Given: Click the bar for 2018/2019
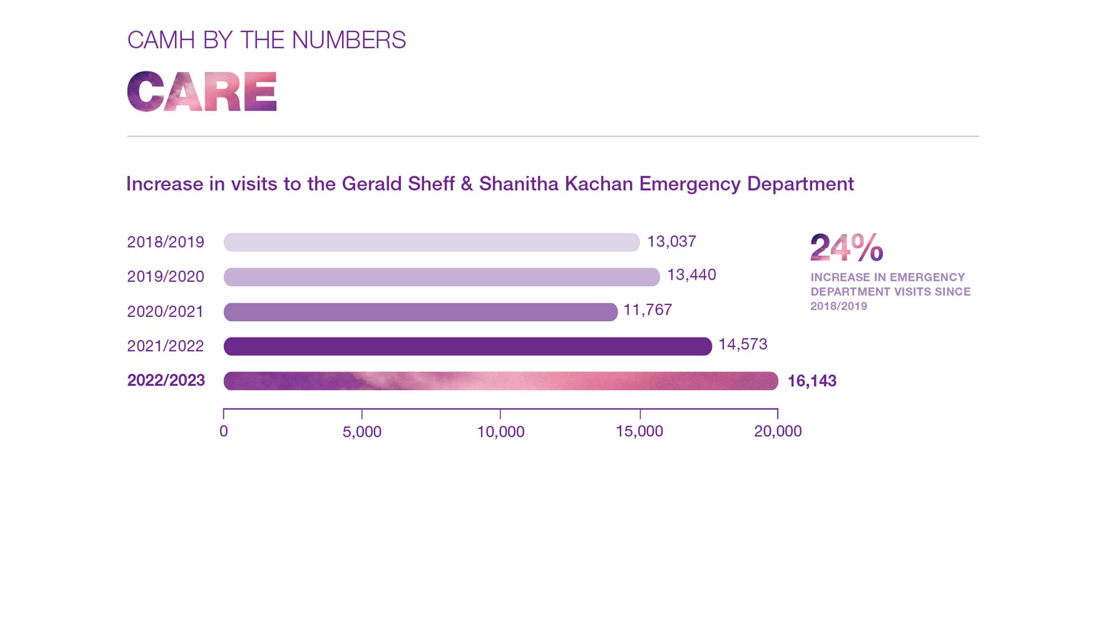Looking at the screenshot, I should (432, 242).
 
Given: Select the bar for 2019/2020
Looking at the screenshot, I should (441, 277).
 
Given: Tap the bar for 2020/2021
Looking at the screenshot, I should (420, 312).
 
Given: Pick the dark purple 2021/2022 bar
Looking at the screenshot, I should (467, 346).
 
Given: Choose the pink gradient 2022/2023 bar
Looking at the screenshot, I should (501, 381).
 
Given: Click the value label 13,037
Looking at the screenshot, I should (671, 242).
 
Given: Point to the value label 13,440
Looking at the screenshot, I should (691, 275).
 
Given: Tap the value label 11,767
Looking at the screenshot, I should (647, 309).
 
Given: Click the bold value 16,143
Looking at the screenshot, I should (812, 381).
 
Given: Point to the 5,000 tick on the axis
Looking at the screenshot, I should (362, 431).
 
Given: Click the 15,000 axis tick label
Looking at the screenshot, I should (639, 431).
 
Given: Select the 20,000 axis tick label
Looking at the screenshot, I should (777, 431).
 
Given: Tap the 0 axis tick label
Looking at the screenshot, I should (224, 431).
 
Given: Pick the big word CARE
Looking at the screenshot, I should (201, 92).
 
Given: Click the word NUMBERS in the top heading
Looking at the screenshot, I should (348, 40).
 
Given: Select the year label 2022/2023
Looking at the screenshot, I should (166, 380).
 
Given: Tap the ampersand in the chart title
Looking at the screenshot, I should (466, 184).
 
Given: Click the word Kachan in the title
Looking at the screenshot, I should (599, 184).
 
